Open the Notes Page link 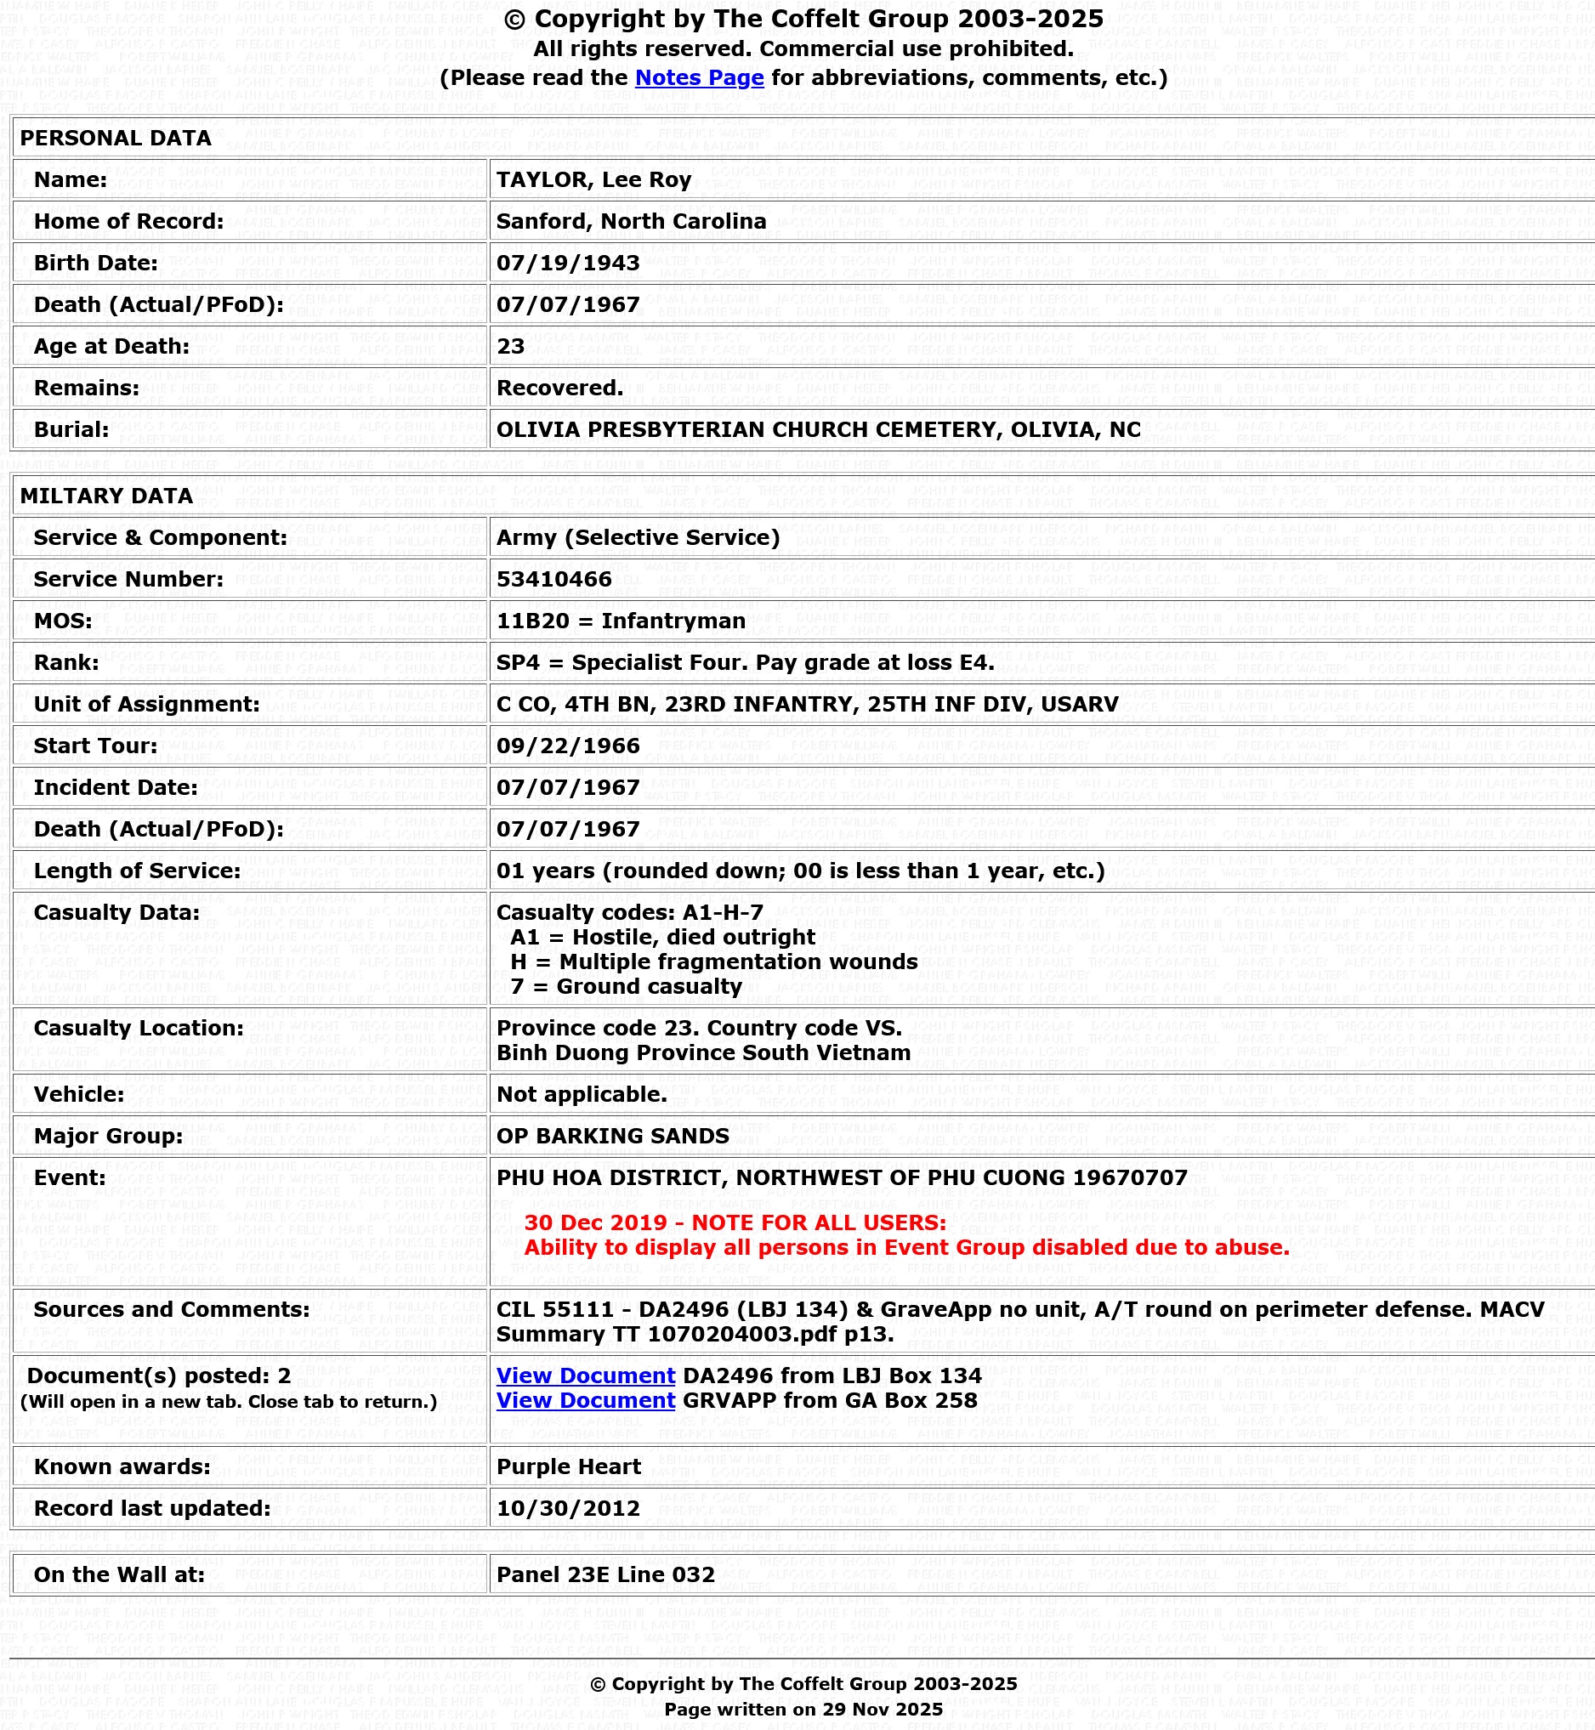pos(699,77)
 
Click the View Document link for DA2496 pos(585,1375)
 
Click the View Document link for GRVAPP pos(585,1400)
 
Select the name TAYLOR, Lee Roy pos(593,179)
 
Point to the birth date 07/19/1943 pos(568,264)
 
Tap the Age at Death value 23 pos(511,346)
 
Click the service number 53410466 pos(554,579)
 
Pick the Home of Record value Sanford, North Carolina pos(631,222)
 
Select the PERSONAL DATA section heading pos(116,138)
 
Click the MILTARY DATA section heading pos(106,496)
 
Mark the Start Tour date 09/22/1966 pos(568,746)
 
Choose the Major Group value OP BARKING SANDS pos(613,1136)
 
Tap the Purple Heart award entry pos(569,1466)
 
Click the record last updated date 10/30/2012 pos(568,1508)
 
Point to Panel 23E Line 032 pos(605,1574)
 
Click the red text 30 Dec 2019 pos(595,1222)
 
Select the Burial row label pos(71,429)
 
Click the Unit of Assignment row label pos(147,704)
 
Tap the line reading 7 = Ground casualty pos(626,986)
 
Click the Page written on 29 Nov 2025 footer pos(803,1710)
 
